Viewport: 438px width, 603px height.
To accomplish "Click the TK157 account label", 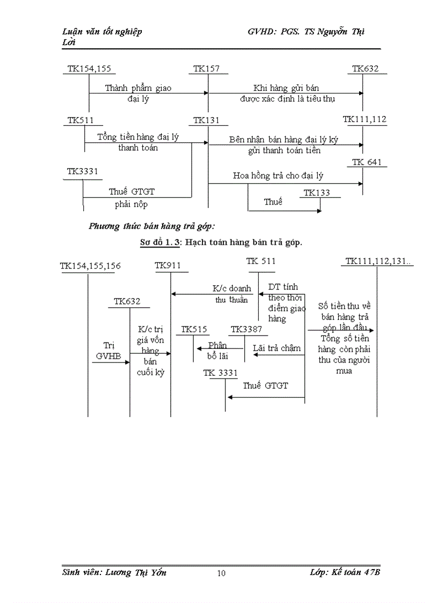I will [x=207, y=69].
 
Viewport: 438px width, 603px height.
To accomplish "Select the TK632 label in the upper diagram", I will [x=365, y=69].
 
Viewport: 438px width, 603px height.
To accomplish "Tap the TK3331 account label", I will [x=82, y=172].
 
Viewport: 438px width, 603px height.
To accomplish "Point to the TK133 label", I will [x=317, y=193].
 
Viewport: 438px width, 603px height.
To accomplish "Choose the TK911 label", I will [x=168, y=265].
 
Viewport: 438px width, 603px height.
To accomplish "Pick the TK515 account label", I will [x=194, y=329].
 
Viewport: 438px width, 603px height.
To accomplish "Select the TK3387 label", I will [x=246, y=329].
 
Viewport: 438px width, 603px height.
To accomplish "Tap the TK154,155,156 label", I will [x=90, y=265].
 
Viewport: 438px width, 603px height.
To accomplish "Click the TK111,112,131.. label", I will [x=378, y=261].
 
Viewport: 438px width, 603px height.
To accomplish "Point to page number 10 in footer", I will [x=221, y=573].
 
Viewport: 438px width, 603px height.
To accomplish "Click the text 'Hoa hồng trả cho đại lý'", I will [x=278, y=176].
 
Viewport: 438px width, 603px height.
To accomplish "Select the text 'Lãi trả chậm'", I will [x=276, y=348].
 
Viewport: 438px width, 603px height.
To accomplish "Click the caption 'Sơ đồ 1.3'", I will [x=158, y=243].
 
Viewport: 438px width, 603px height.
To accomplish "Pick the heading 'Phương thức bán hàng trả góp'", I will [x=151, y=226].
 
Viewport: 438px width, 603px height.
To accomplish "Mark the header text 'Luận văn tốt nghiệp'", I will [x=102, y=32].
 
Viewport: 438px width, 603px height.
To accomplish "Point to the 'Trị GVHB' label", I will [x=106, y=350].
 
